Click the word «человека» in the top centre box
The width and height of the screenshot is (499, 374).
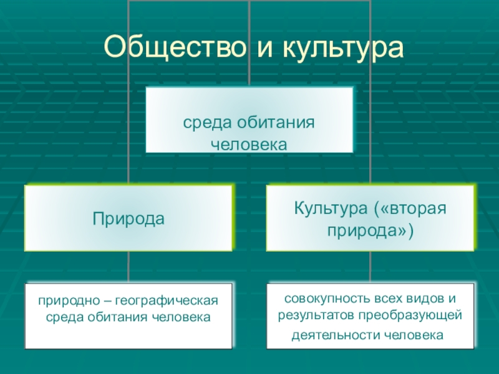click(x=249, y=144)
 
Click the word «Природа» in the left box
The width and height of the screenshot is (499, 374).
click(x=128, y=218)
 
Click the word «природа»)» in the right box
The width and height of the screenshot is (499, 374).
click(x=371, y=230)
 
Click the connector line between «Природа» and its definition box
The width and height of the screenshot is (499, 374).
click(x=128, y=267)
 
